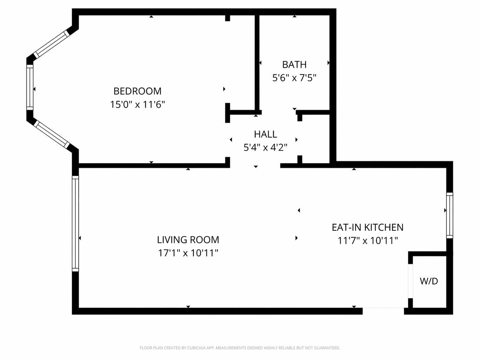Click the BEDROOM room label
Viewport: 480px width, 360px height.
137,91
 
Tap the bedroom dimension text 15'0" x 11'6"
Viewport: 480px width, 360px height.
137,104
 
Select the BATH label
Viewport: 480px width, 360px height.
294,65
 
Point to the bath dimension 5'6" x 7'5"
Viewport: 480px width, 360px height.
294,78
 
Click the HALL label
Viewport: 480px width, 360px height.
266,134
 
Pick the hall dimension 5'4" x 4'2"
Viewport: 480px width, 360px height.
265,148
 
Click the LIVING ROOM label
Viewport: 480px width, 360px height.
188,240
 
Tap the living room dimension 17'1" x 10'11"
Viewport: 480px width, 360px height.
188,253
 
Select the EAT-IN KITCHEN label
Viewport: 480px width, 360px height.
368,227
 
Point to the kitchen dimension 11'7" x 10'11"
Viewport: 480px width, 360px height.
368,241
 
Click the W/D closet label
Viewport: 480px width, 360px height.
429,281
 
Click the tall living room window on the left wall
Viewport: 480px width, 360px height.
75,224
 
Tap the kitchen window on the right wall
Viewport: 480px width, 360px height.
450,215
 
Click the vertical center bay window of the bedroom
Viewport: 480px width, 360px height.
30,87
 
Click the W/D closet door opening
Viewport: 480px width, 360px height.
410,281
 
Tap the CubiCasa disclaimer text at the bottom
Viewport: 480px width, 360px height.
240,348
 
